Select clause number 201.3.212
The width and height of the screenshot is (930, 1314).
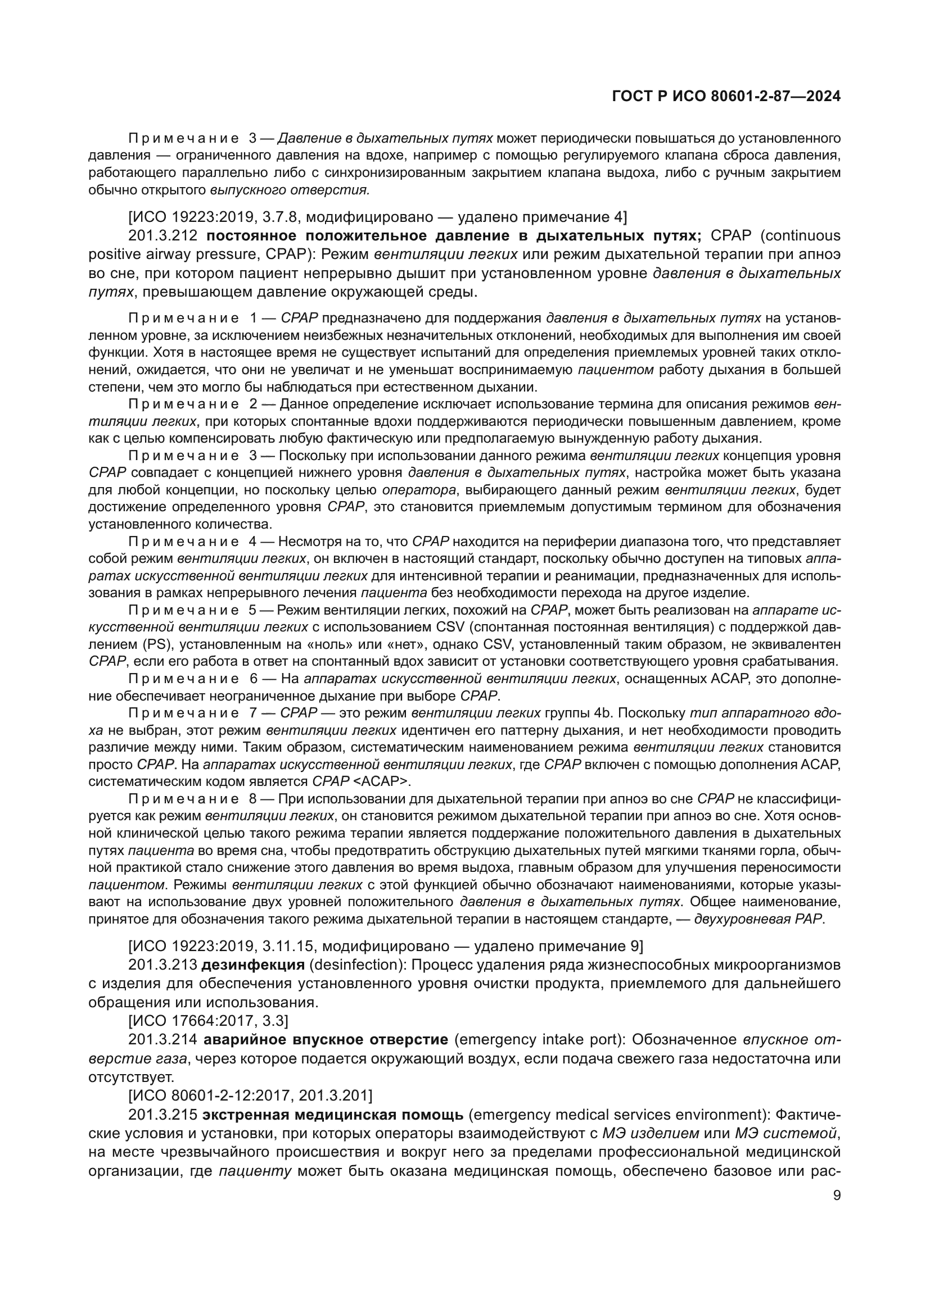[163, 236]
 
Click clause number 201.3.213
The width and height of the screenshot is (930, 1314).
[163, 965]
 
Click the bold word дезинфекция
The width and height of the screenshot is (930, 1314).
[253, 965]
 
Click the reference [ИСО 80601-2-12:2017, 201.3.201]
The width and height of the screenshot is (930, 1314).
[250, 1096]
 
